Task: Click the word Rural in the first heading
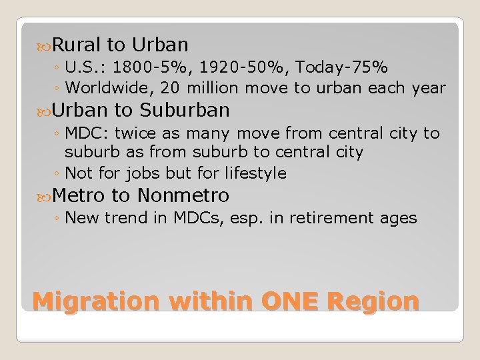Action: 77,45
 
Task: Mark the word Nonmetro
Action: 183,195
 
